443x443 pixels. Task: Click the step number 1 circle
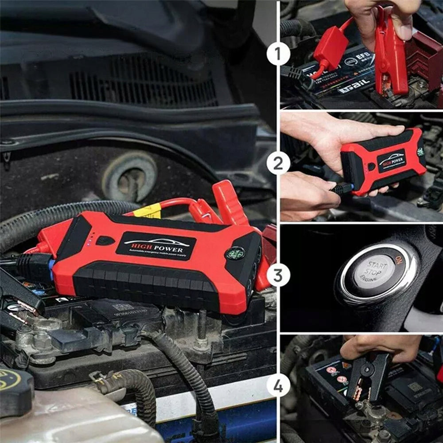coord(278,54)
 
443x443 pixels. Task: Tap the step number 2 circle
coord(278,164)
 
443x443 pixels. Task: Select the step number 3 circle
coord(278,275)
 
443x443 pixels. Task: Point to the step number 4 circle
coord(278,386)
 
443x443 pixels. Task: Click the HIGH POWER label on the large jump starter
coord(155,245)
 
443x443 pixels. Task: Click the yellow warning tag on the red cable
coord(147,211)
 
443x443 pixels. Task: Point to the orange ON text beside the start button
coord(399,260)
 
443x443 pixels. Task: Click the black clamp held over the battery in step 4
coord(369,374)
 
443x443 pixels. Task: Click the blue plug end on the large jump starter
coord(52,270)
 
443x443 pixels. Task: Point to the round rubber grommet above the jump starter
coord(129,177)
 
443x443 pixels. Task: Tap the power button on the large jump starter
coord(105,241)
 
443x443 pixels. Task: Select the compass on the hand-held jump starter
coord(420,151)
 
